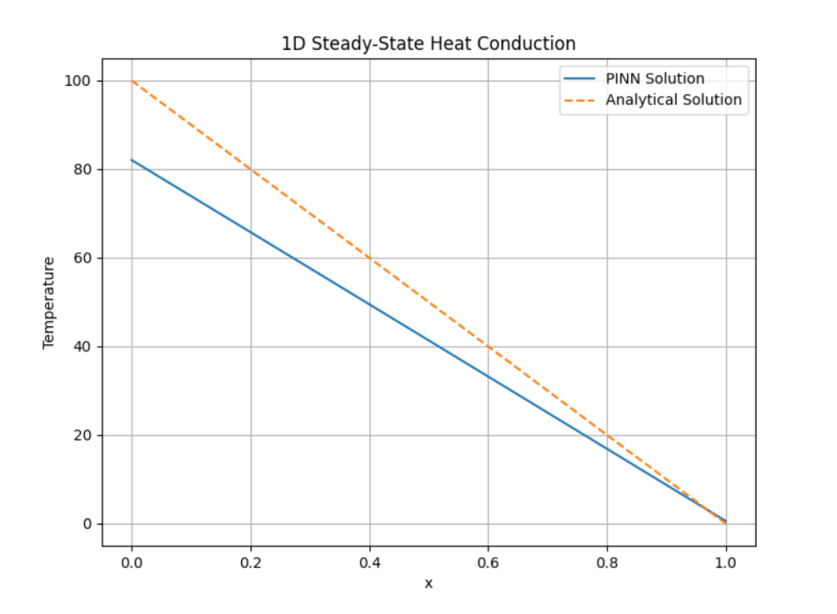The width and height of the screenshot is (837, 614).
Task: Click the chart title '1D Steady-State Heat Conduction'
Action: pyautogui.click(x=428, y=44)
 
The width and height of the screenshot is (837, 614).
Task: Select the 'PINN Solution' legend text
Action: pyautogui.click(x=655, y=79)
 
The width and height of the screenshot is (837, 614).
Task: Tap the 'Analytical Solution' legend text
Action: pyautogui.click(x=674, y=100)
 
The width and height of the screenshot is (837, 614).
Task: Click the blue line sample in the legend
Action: pyautogui.click(x=580, y=79)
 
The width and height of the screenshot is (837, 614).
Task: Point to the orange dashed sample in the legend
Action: pyautogui.click(x=580, y=100)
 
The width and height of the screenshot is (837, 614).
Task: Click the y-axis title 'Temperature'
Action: pyautogui.click(x=49, y=303)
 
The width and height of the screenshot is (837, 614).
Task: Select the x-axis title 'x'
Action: pyautogui.click(x=428, y=583)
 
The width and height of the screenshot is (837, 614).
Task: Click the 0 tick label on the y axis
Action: pyautogui.click(x=86, y=524)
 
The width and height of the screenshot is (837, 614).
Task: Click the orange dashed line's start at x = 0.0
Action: pyautogui.click(x=132, y=81)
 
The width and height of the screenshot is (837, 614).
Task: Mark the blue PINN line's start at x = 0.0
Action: pyautogui.click(x=132, y=160)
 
